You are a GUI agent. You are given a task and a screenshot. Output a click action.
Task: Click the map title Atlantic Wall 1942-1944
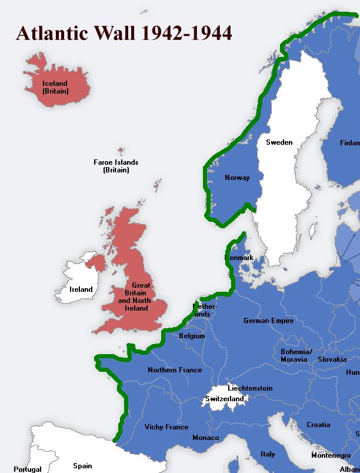124,34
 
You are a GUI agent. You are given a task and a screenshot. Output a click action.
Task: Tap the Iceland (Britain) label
55,88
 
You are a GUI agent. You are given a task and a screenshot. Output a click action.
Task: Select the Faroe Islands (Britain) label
116,166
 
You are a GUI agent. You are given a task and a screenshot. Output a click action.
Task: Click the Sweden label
279,142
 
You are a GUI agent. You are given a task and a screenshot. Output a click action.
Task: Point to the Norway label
237,178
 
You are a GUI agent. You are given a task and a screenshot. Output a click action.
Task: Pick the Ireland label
81,289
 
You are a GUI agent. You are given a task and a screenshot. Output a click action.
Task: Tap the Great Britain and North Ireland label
133,297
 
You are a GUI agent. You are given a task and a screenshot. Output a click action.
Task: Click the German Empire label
268,321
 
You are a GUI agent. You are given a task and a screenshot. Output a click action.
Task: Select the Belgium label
192,336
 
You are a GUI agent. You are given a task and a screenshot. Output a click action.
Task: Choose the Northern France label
175,370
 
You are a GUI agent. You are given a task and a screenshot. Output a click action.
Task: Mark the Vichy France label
166,427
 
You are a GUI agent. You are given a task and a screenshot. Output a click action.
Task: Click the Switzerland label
224,399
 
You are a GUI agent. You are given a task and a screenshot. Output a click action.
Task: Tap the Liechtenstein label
250,388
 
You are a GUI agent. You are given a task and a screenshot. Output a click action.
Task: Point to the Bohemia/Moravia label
294,355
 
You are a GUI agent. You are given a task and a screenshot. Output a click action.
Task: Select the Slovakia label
332,359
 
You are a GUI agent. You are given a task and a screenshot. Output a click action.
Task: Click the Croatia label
318,425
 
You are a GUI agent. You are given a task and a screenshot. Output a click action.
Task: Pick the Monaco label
205,438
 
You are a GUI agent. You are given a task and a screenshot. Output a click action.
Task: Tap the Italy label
268,454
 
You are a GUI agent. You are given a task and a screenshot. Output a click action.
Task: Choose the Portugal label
28,469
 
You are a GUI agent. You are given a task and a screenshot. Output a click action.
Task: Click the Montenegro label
331,455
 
